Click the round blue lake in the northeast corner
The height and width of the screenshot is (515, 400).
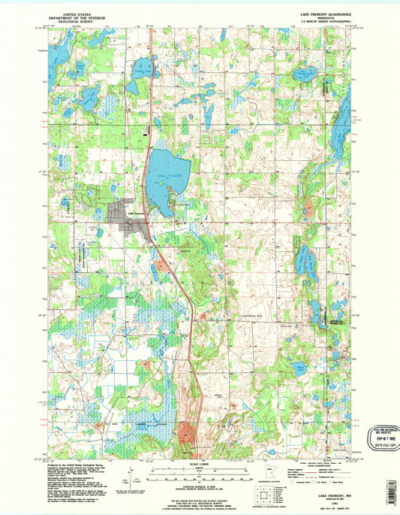coord(304,74)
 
